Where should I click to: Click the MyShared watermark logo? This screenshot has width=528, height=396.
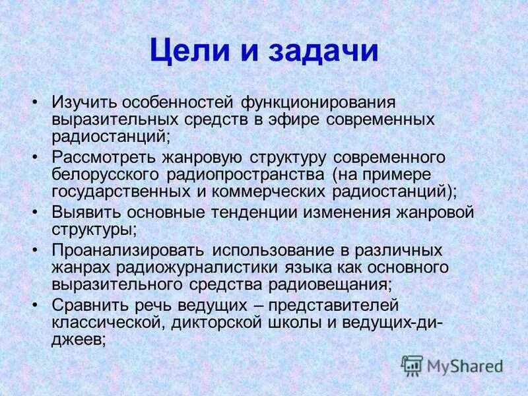coord(452,366)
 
